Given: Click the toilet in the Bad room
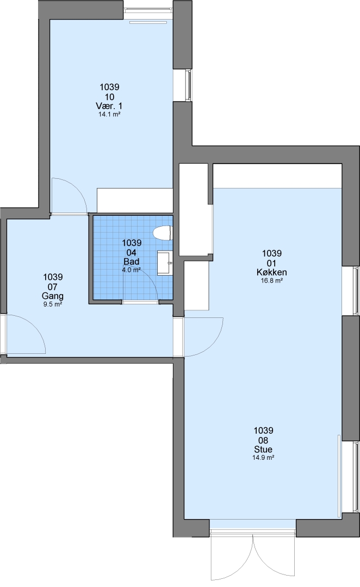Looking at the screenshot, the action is coord(163,233).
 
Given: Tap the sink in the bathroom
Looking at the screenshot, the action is coord(164,263).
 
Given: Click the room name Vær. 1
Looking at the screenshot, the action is coord(109,106).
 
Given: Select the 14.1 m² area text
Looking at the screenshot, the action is coord(109,115).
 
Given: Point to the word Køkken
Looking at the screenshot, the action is coord(272,272).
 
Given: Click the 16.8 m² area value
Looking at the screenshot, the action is coord(272,281).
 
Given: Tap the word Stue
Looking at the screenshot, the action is coord(263,449).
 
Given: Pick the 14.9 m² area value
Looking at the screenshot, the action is coord(263,458).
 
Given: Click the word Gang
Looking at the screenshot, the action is coord(53,296).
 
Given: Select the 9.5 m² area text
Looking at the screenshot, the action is coord(53,304).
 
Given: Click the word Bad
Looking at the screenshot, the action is coord(132,261).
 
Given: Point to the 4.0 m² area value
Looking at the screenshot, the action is coord(132,270).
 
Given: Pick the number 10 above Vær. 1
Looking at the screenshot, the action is coord(110,97).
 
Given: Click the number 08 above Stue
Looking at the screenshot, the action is coord(263,440).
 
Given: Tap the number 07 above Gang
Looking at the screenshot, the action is coord(53,287).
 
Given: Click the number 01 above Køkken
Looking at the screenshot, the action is coord(272,263).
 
